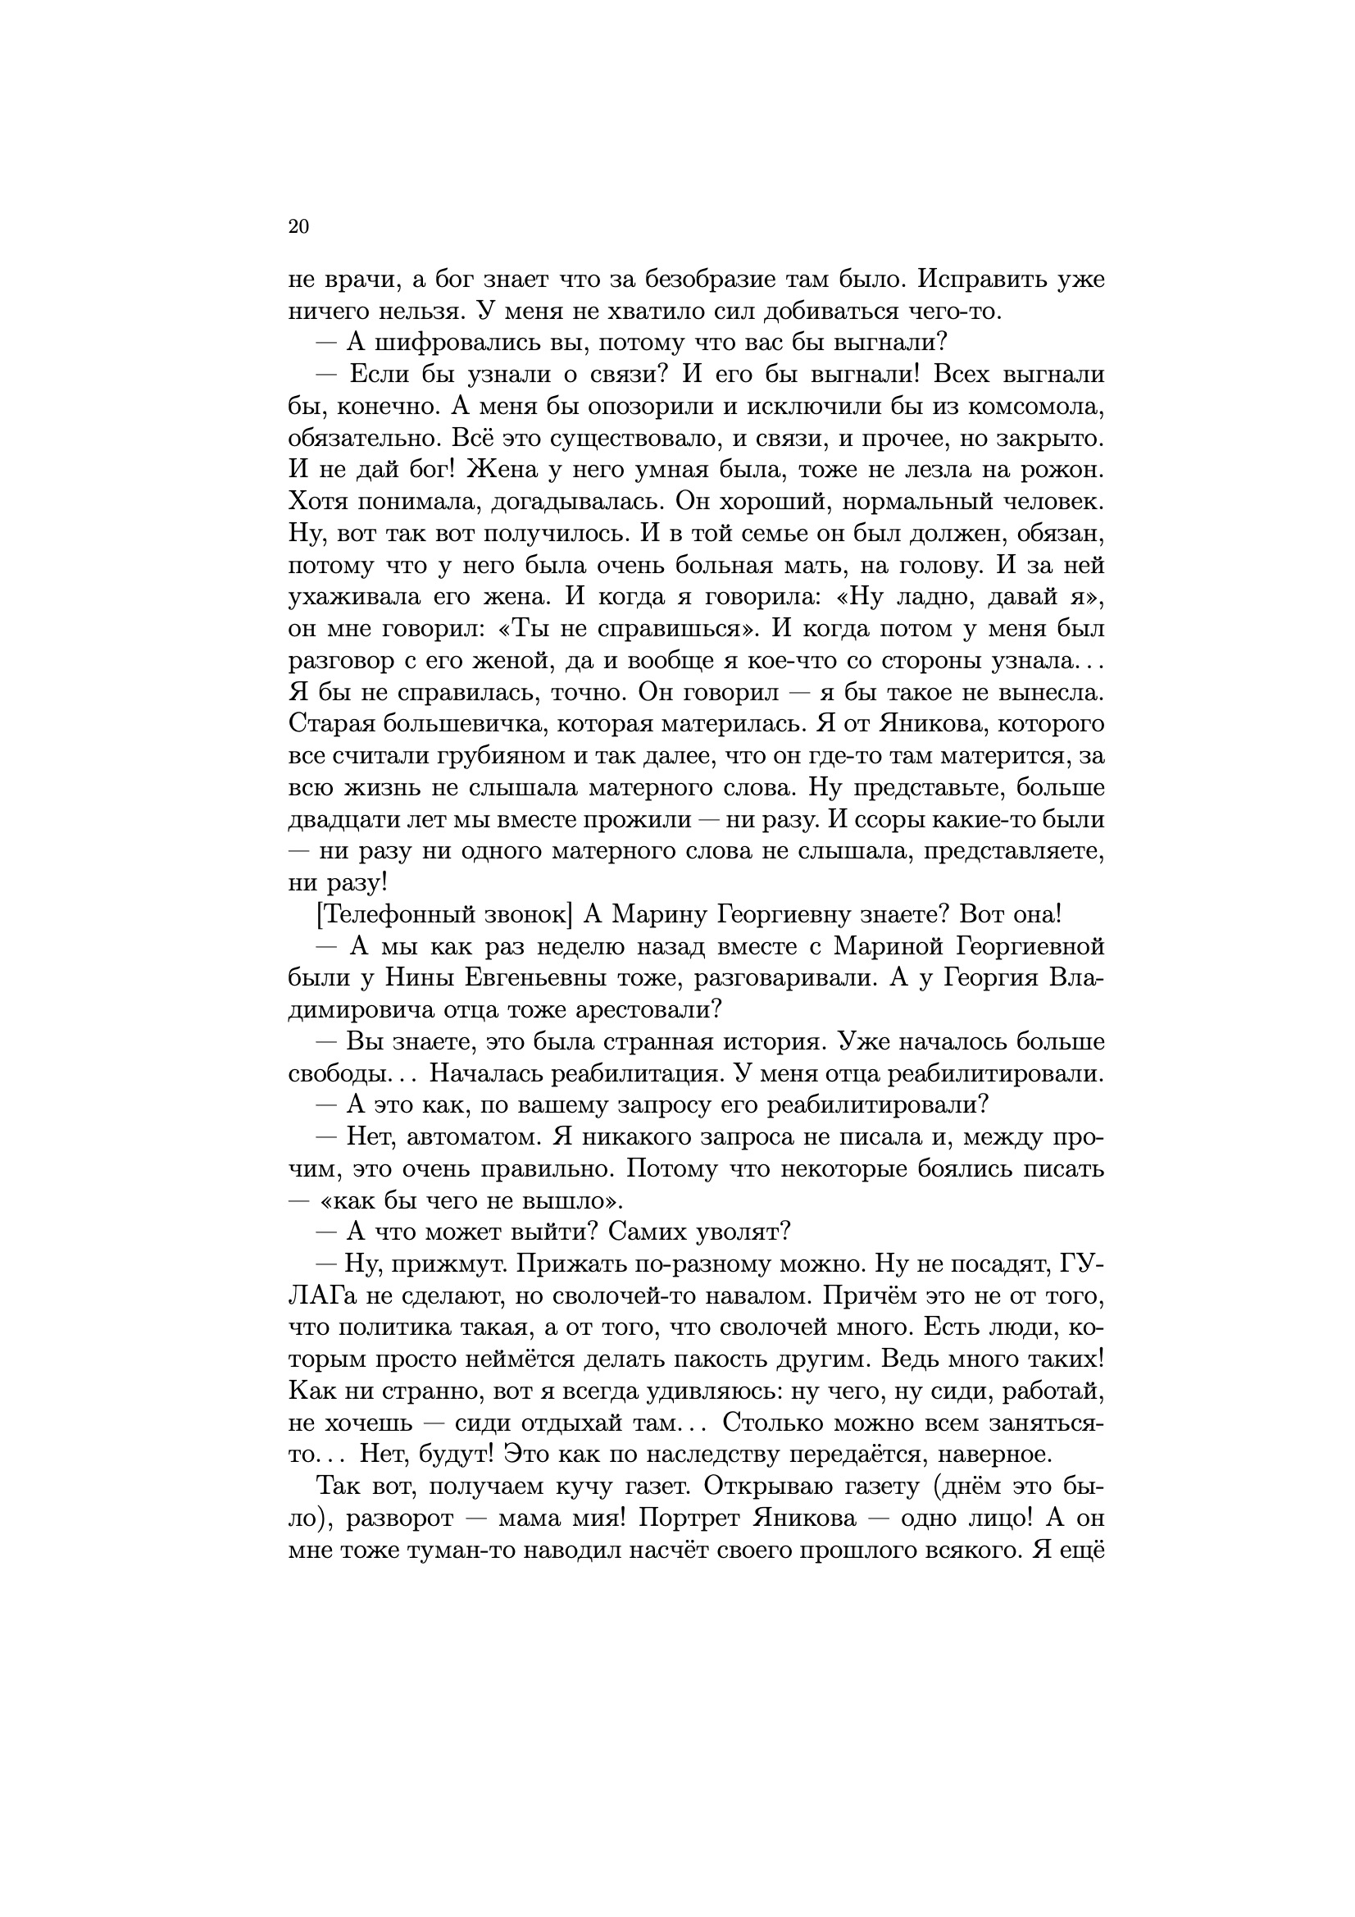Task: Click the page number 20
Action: click(x=298, y=226)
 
